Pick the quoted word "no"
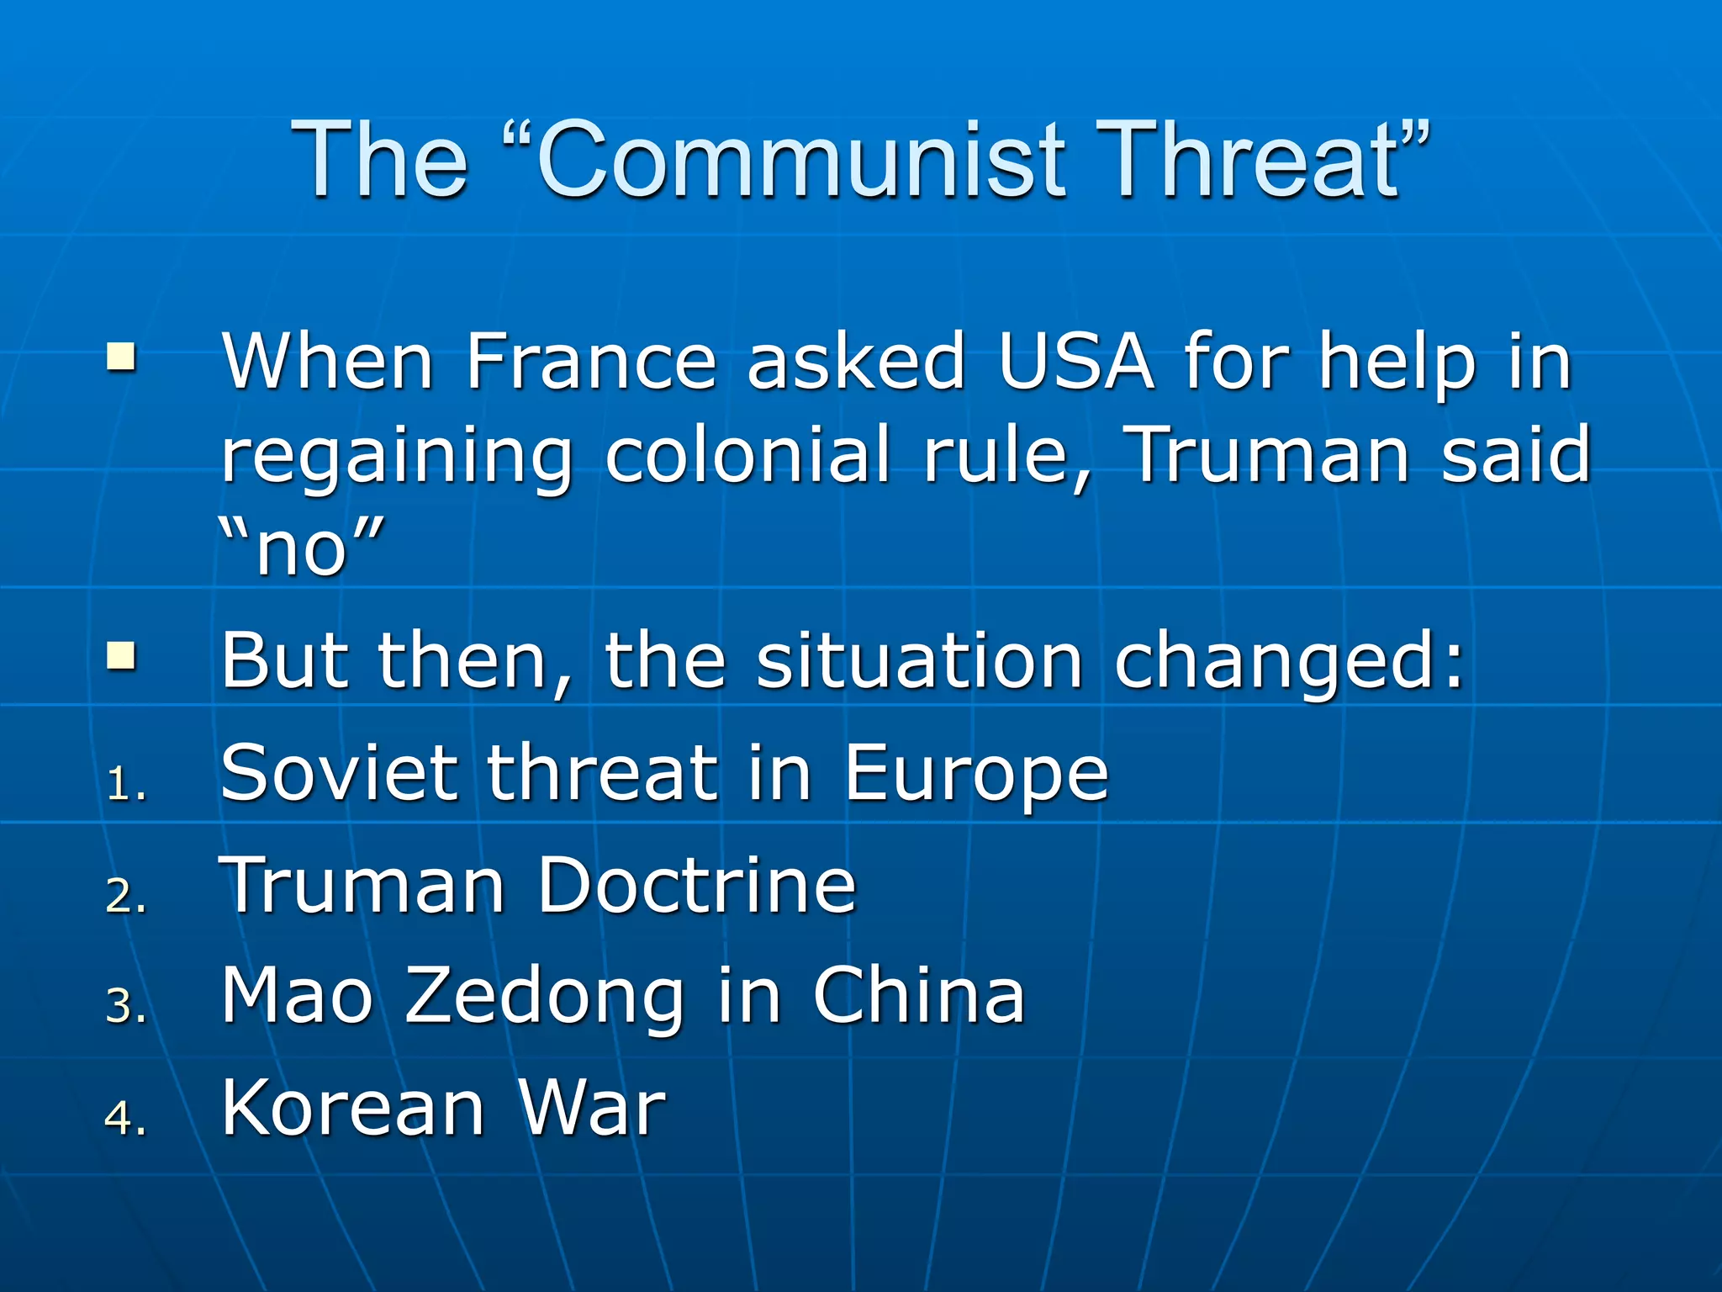click(x=301, y=547)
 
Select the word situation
click(x=919, y=661)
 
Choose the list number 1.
click(x=124, y=784)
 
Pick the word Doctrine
click(x=696, y=885)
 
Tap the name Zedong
click(x=544, y=998)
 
